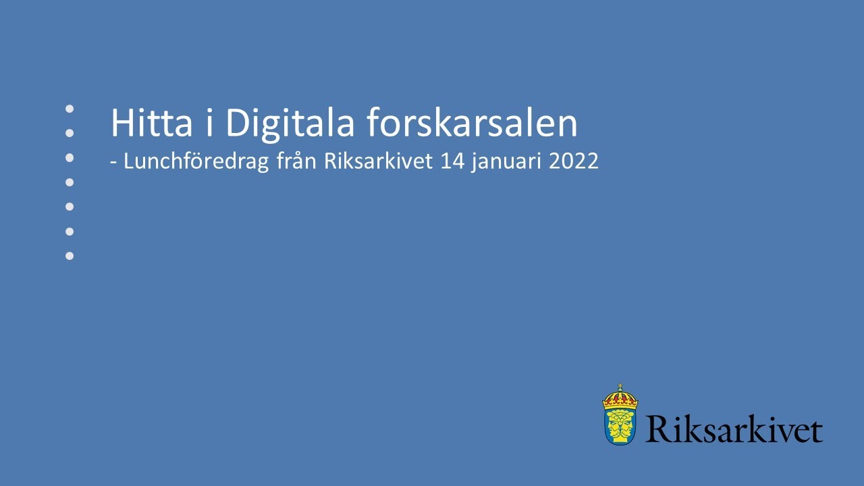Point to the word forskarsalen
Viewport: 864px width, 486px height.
473,124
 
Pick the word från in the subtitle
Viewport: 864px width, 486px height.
297,163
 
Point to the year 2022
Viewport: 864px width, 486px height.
573,163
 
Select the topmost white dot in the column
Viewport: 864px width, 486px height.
69,108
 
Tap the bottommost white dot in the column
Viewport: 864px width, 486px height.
69,256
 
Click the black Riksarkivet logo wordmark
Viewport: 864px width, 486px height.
734,429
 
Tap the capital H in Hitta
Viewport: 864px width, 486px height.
122,124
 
